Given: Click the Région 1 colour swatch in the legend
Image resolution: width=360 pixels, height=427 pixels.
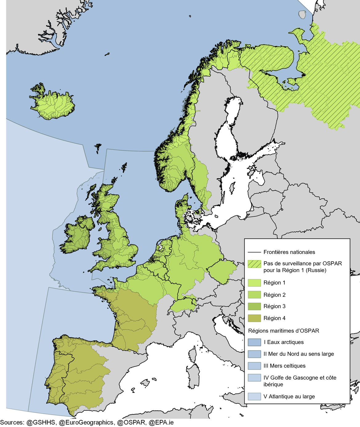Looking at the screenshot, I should (x=254, y=283).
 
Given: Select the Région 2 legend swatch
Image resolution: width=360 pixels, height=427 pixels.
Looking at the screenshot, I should (x=254, y=295).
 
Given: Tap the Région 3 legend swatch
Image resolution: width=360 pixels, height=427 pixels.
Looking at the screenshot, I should (x=254, y=306).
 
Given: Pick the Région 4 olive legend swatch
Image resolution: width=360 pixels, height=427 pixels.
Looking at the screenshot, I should (x=254, y=318).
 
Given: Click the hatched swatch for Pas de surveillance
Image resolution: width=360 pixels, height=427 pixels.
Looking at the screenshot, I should (x=254, y=264).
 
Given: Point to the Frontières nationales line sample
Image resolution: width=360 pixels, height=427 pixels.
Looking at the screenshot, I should (x=254, y=252).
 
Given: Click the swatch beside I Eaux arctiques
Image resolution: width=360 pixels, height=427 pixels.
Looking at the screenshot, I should (x=254, y=342).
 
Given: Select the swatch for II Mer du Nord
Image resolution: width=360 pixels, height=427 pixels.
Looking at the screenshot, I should (x=254, y=354).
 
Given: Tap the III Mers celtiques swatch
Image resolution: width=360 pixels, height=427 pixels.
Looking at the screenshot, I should (x=254, y=366).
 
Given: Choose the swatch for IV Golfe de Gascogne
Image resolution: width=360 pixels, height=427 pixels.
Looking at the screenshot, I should (x=254, y=378).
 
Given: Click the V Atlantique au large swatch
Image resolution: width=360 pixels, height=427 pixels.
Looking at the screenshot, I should (x=254, y=397).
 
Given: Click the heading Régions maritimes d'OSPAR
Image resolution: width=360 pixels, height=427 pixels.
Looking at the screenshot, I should (x=283, y=331).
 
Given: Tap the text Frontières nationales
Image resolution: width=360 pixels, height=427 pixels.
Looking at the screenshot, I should (x=289, y=252).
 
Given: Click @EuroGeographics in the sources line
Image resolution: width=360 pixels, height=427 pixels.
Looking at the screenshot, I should (x=86, y=423).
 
